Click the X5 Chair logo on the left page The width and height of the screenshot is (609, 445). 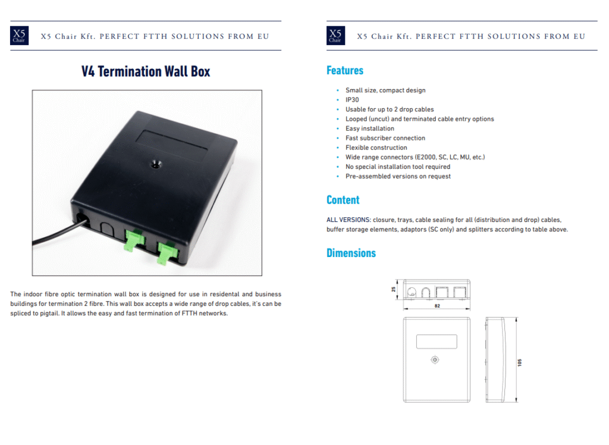(19, 36)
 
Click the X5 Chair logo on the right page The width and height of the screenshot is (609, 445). (335, 36)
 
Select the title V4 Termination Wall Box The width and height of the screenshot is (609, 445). (146, 71)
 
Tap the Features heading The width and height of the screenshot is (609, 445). (345, 70)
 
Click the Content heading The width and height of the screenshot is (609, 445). (343, 200)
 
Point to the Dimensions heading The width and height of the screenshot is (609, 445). (351, 253)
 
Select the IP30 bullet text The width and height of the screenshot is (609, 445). (352, 100)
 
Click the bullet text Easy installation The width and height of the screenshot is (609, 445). (370, 129)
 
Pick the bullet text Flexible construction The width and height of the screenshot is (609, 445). (376, 148)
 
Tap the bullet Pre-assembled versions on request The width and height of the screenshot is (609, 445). (398, 177)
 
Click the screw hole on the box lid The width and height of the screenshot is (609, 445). (156, 164)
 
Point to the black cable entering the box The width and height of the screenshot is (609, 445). (58, 233)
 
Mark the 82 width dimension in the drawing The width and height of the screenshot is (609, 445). (437, 306)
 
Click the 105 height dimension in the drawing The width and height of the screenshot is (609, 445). (520, 363)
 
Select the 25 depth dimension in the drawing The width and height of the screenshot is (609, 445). (394, 290)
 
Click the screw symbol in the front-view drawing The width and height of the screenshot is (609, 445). (435, 360)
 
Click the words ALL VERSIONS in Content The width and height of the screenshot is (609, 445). (349, 220)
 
